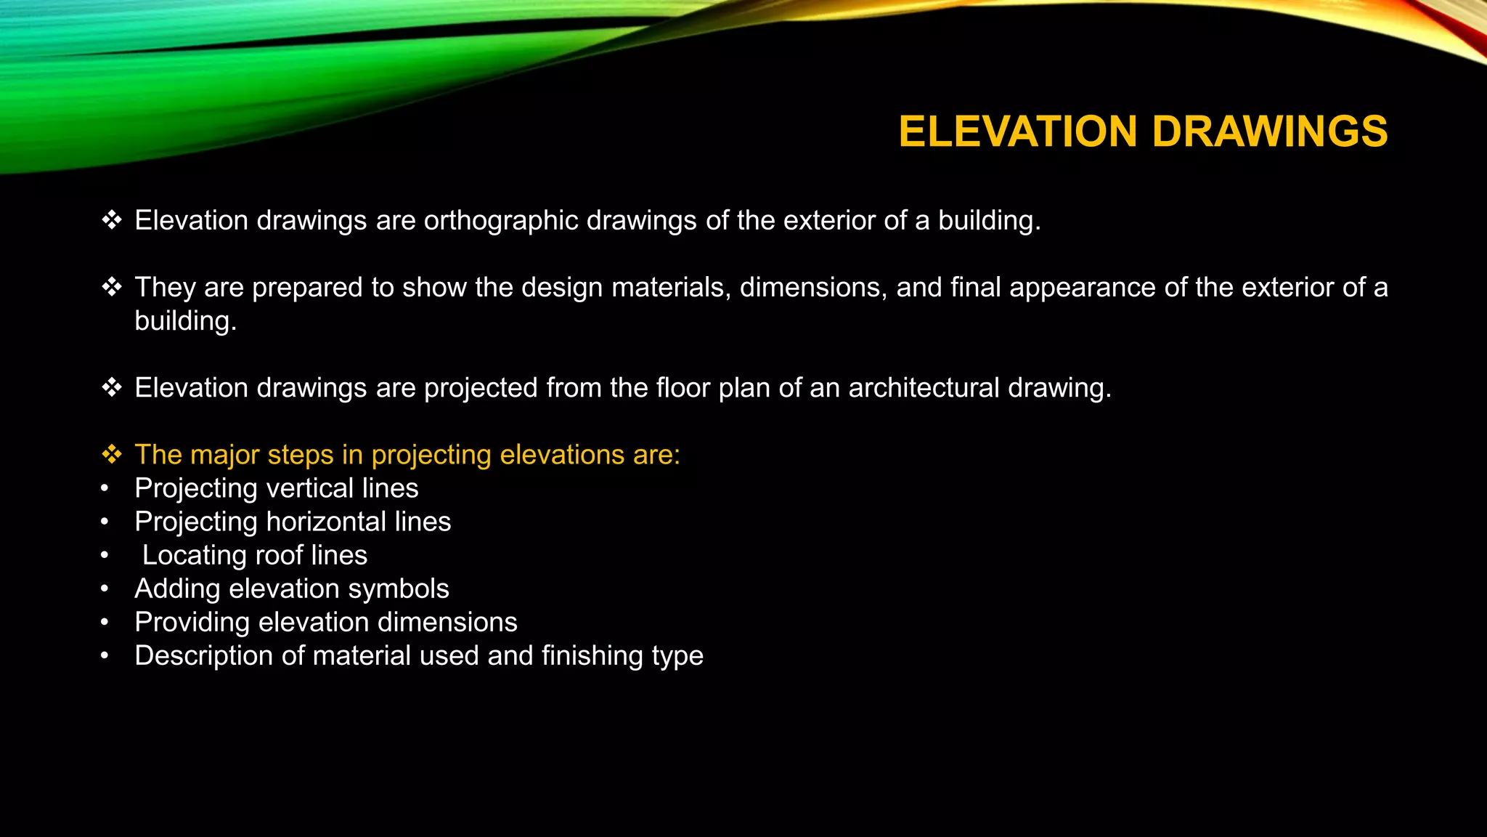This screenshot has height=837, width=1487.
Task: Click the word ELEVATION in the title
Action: pos(1018,132)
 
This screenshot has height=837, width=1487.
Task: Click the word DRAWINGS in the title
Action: pos(1270,132)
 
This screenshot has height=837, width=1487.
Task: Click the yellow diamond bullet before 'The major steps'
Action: pos(112,455)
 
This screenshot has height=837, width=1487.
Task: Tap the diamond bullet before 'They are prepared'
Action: pos(112,288)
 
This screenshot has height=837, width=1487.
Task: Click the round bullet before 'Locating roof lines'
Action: pos(105,556)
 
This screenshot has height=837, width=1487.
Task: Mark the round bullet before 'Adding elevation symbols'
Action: pos(105,589)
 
